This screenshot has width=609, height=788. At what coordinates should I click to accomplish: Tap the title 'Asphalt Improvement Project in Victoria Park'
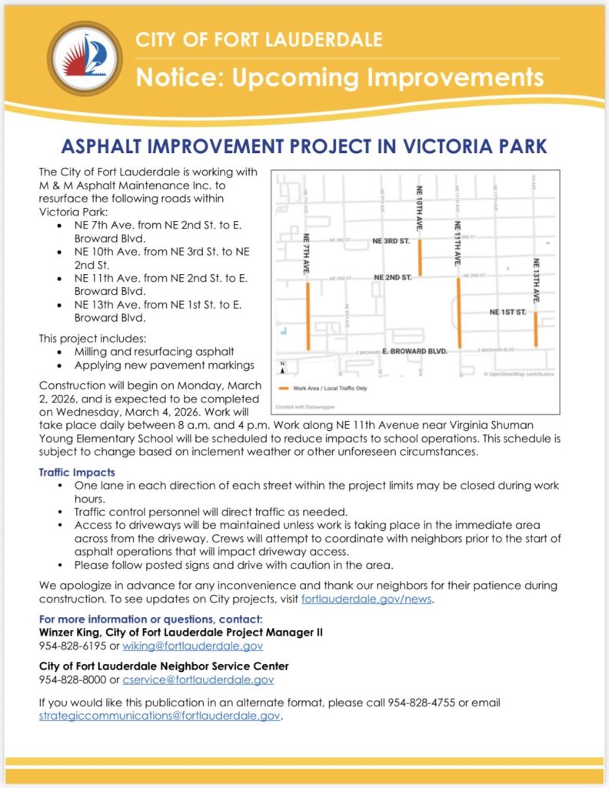(x=304, y=147)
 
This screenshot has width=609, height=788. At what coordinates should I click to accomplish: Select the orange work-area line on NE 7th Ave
(x=308, y=316)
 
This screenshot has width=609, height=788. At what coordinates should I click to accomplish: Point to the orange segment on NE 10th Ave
(x=420, y=257)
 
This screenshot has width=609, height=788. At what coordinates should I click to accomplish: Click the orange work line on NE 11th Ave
(x=459, y=312)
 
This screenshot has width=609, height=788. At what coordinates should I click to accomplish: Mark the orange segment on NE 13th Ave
(x=535, y=329)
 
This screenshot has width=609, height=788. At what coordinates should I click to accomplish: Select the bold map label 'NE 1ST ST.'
(x=508, y=312)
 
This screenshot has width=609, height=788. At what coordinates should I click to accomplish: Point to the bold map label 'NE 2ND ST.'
(x=393, y=276)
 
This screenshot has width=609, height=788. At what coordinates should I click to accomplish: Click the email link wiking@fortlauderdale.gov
(x=192, y=646)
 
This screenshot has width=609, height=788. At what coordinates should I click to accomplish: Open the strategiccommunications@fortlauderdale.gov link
(x=160, y=716)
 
